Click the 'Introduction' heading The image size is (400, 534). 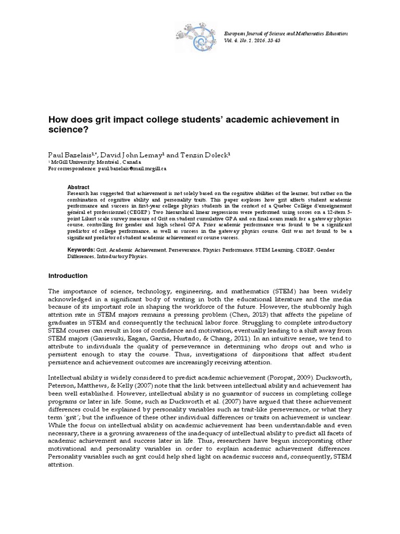pos(68,276)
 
